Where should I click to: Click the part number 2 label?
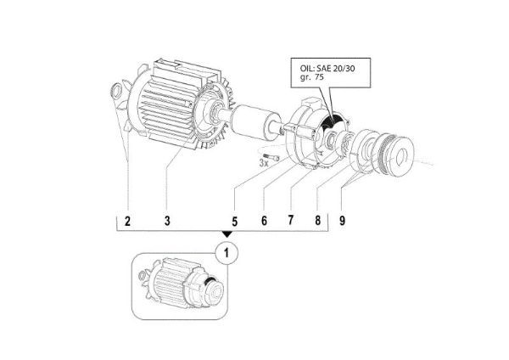(x=126, y=221)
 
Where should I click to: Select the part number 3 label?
(x=167, y=221)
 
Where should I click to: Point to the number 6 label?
(x=264, y=221)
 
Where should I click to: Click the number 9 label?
(x=343, y=221)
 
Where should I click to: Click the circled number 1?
(x=227, y=251)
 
